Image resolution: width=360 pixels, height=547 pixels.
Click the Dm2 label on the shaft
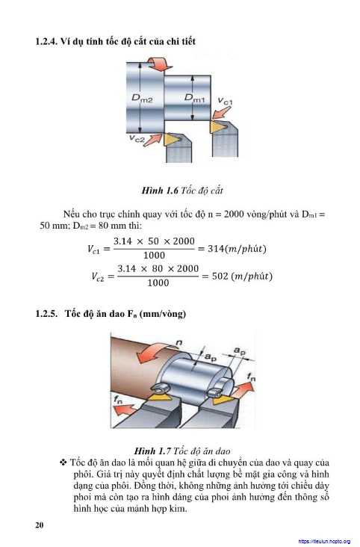point(142,98)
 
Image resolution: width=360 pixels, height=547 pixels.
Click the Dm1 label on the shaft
point(195,98)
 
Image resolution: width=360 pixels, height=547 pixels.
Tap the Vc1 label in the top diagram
point(225,101)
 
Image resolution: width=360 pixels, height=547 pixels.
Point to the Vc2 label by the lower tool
point(137,138)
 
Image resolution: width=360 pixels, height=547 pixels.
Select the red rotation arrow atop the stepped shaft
point(159,64)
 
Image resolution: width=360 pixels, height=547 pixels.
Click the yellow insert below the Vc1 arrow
point(217,126)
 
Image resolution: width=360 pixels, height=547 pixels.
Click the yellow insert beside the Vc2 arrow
point(171,140)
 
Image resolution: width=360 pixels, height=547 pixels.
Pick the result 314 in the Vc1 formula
point(216,249)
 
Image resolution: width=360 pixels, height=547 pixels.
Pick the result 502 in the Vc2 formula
point(220,276)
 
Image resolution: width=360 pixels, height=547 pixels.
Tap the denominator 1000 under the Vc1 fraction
point(154,256)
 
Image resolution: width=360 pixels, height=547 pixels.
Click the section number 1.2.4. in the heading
point(46,41)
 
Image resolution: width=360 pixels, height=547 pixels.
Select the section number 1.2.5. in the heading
point(46,314)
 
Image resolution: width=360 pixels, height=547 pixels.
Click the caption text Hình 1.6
point(160,191)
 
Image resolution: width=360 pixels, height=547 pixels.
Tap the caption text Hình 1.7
point(152,451)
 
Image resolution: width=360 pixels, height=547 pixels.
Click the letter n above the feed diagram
point(179,342)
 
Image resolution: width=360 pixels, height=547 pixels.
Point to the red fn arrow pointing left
point(125,410)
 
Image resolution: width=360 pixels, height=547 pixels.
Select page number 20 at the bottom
point(40,525)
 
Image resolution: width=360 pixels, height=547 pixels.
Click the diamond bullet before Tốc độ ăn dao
point(63,463)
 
